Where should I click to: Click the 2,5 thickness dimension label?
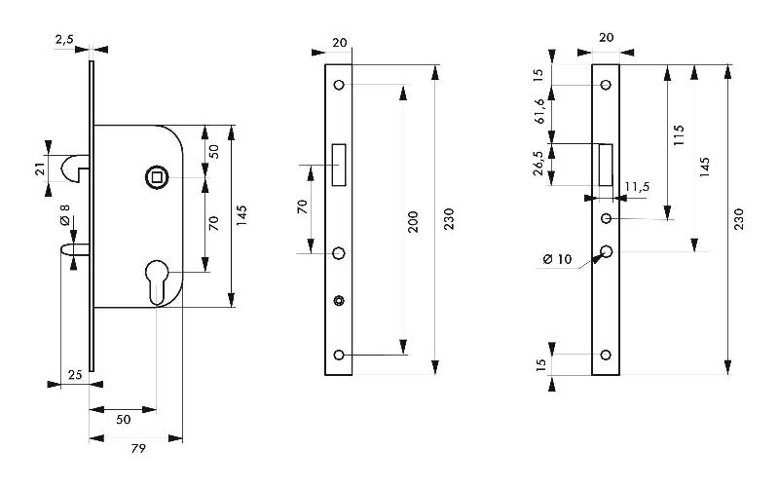coord(64,39)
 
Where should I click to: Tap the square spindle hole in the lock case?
coord(157,177)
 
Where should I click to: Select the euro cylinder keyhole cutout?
coord(157,281)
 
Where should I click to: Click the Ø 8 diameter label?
coord(65,214)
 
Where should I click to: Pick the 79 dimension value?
coord(138,449)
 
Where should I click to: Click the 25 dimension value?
coord(75,375)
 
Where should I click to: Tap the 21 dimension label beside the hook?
coord(41,169)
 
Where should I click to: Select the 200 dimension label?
coord(413,222)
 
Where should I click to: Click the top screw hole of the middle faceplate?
coord(339,85)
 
